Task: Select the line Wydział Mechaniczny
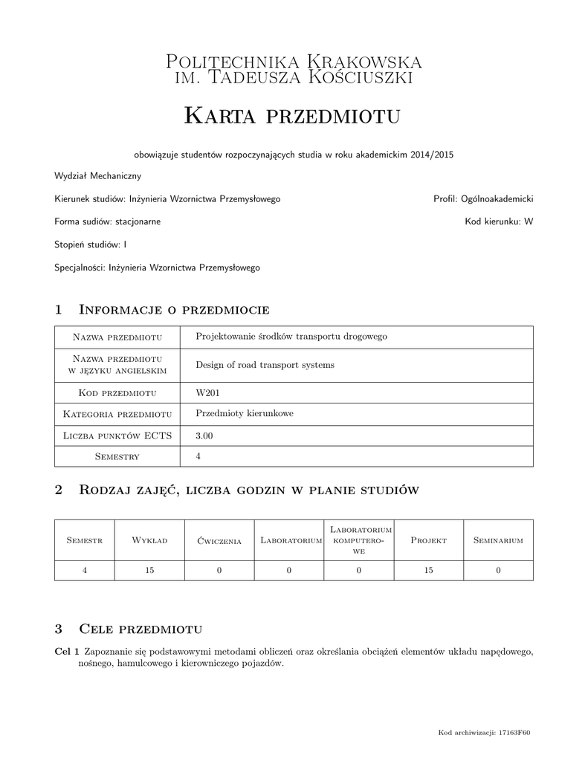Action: [x=97, y=177]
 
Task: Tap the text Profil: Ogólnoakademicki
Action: [x=483, y=199]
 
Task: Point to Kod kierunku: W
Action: [x=499, y=221]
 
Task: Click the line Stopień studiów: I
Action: [x=91, y=244]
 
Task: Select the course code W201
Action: [x=207, y=392]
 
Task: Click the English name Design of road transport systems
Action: [x=265, y=365]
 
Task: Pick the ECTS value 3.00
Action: [x=204, y=435]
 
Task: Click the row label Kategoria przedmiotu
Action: [x=117, y=414]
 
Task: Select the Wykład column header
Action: [x=149, y=540]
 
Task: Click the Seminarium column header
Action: [x=498, y=540]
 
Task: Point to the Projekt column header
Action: [x=428, y=540]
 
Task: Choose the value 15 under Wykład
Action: [x=149, y=570]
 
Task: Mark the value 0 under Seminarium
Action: [x=498, y=570]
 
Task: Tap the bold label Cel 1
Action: [x=67, y=651]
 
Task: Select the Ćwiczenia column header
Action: [x=219, y=541]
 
